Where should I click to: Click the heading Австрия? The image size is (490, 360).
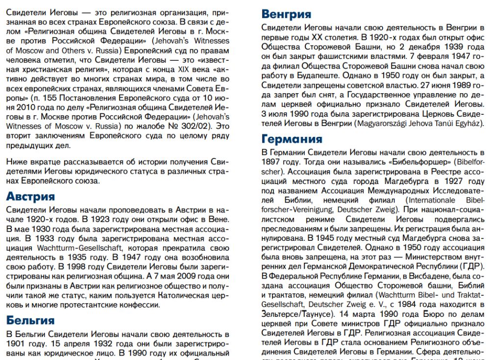(x=30, y=197)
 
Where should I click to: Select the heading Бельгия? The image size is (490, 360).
(x=30, y=320)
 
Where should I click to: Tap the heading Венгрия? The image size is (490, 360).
(x=286, y=14)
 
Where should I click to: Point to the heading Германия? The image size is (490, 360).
(x=292, y=139)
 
